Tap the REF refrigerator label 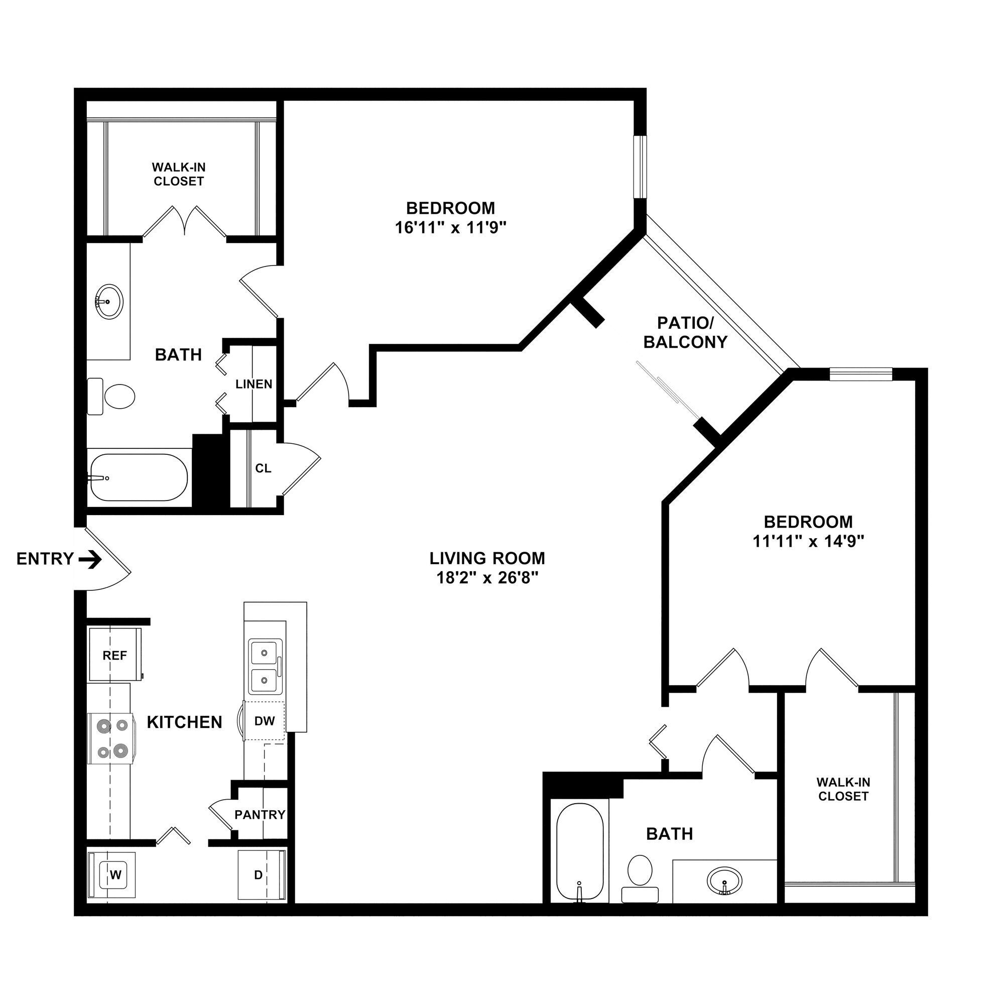click(x=114, y=655)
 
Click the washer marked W click(x=115, y=875)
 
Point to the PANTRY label click(x=260, y=814)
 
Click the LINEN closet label click(x=254, y=384)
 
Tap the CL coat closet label click(x=263, y=468)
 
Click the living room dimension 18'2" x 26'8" click(x=487, y=578)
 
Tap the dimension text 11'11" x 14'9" click(x=808, y=542)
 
